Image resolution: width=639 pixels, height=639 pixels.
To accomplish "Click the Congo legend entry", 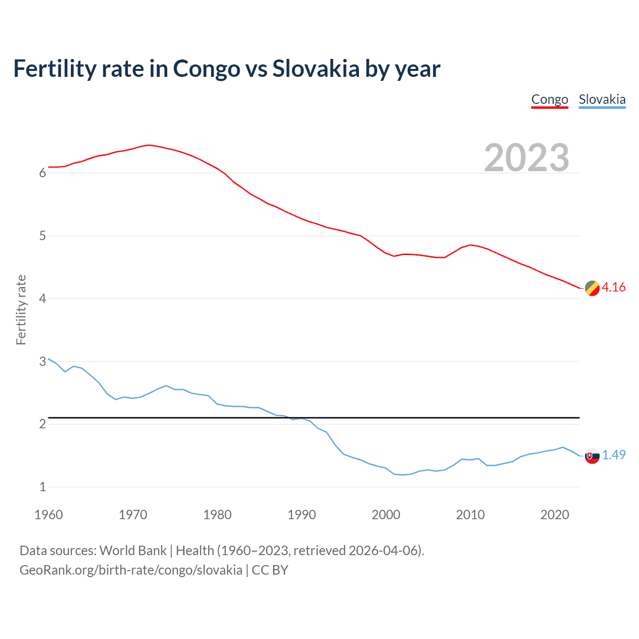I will click(x=550, y=99).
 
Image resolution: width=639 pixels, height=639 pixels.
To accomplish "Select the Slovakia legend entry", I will click(x=602, y=99).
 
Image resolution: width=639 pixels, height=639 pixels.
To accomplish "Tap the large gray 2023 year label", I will click(x=527, y=157).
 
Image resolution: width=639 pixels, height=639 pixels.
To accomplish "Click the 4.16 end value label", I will click(x=614, y=287).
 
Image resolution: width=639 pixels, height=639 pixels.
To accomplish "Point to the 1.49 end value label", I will click(x=614, y=455).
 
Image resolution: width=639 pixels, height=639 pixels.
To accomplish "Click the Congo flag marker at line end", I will click(x=592, y=288).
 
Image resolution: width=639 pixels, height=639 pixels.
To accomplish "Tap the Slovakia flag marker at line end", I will click(x=592, y=456).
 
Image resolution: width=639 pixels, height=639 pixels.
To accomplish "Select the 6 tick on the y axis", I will click(x=42, y=173).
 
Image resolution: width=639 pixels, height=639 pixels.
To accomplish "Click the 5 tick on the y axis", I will click(x=42, y=236).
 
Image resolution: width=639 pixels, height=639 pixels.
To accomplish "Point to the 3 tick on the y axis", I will click(x=42, y=361).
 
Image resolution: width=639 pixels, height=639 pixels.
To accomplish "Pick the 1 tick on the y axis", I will click(x=42, y=487).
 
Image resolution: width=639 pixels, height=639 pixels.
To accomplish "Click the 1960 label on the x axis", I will click(x=48, y=515).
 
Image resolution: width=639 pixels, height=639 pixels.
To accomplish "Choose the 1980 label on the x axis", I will click(x=217, y=515).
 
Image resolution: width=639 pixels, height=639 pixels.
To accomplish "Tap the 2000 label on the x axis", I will click(x=386, y=515).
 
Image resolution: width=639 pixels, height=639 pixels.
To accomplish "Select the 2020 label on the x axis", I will click(x=555, y=515).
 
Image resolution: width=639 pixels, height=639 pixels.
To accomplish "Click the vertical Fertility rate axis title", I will click(x=21, y=310).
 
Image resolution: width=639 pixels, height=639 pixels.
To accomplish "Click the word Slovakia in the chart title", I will click(x=316, y=68).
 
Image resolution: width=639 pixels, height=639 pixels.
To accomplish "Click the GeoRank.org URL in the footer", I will click(x=131, y=570).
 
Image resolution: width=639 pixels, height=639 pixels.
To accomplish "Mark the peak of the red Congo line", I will click(x=150, y=145).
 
